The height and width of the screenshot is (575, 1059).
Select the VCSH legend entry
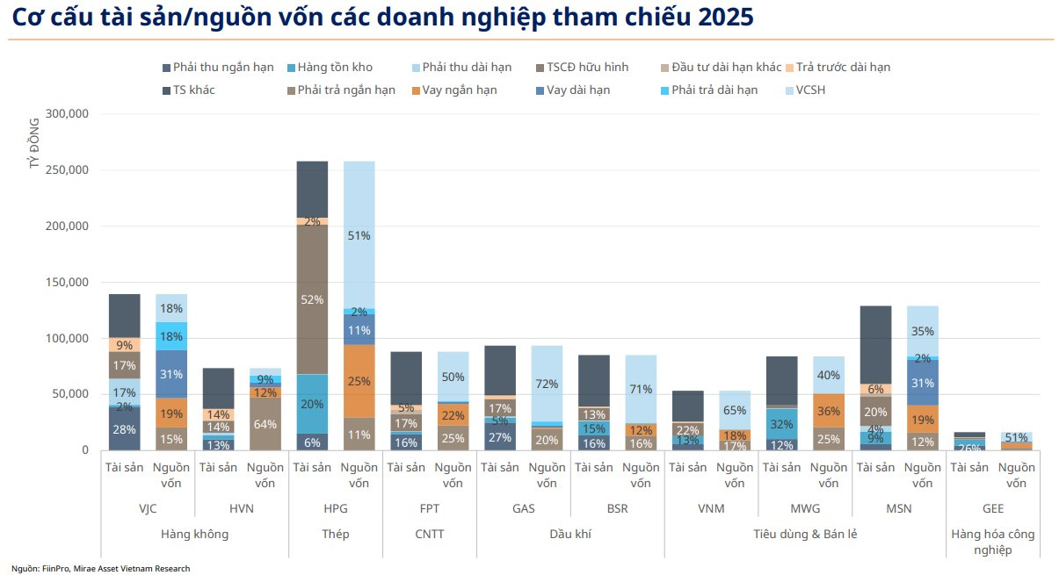click(809, 90)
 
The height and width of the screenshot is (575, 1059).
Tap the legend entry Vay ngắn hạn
click(459, 90)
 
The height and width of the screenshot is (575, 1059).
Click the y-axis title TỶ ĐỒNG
click(34, 143)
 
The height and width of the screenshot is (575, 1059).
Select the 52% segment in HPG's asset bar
click(312, 299)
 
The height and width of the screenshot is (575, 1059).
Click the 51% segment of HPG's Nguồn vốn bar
click(359, 235)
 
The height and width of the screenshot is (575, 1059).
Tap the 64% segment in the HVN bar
click(265, 424)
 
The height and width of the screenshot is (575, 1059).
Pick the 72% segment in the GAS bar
click(547, 384)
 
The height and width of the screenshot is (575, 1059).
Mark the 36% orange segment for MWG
click(829, 410)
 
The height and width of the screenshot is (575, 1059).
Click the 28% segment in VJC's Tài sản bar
click(124, 429)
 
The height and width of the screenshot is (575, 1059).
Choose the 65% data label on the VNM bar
click(735, 410)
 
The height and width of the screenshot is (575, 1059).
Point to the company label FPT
click(429, 508)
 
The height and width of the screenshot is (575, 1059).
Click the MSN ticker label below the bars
click(898, 508)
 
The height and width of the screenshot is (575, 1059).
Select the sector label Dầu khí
click(570, 534)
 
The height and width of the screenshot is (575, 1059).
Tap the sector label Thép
click(335, 534)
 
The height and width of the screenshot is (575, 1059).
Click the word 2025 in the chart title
click(722, 17)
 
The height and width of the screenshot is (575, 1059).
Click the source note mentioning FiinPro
click(100, 568)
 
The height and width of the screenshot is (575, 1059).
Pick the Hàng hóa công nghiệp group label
click(993, 542)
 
